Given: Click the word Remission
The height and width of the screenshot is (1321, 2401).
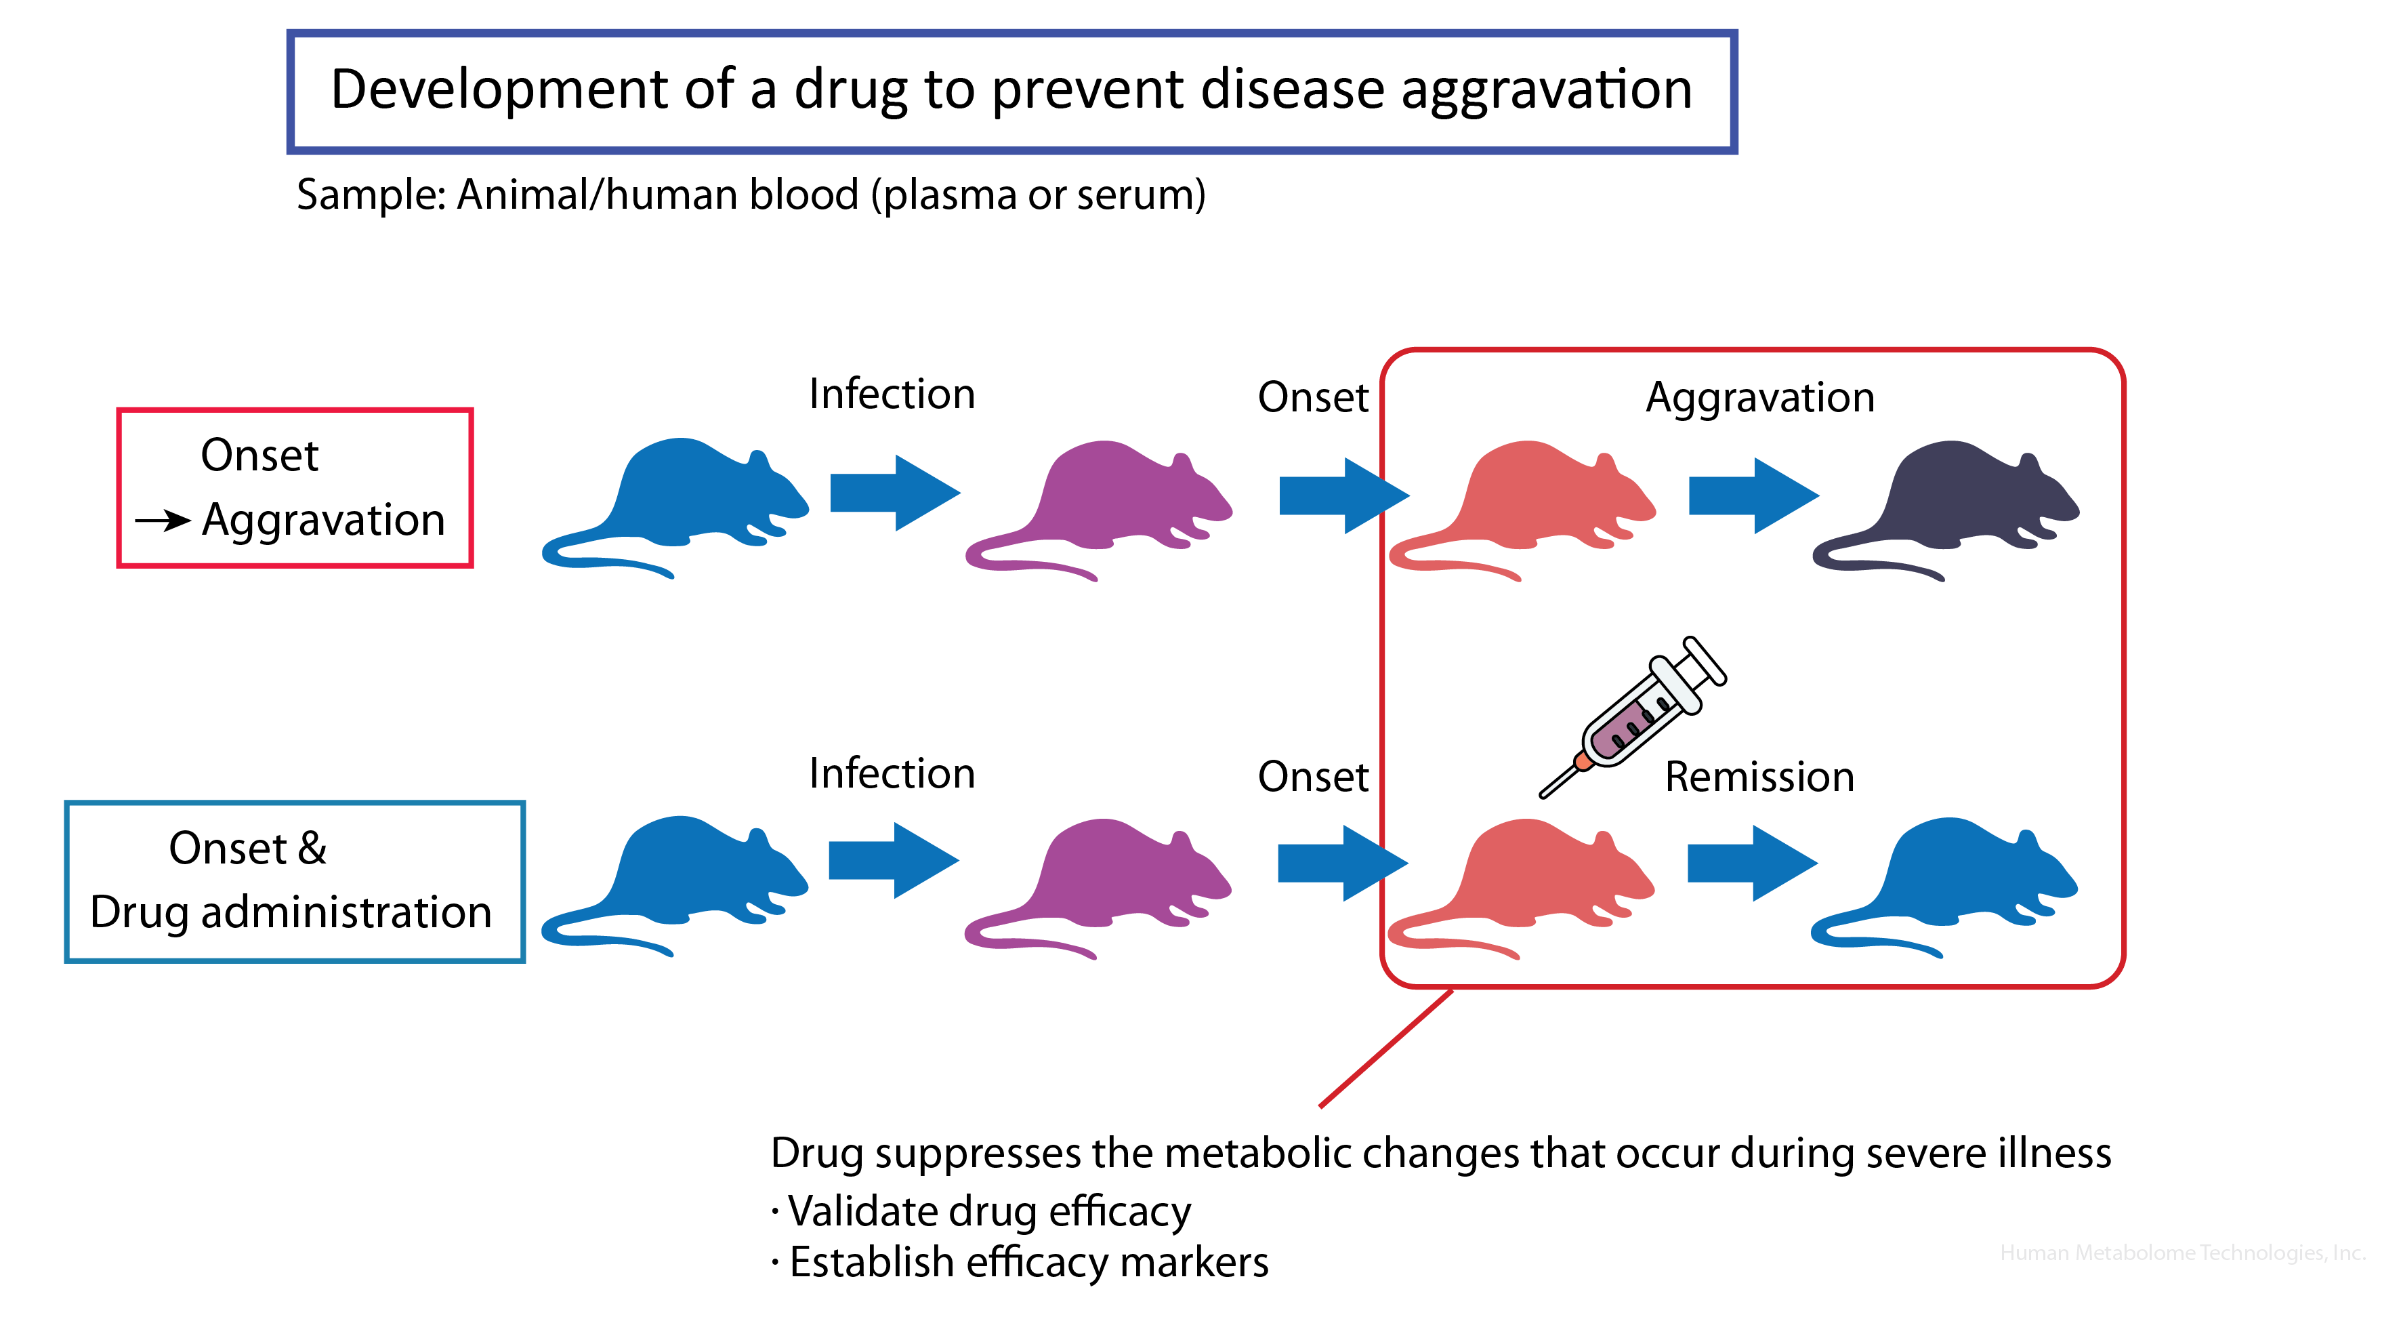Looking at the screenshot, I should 1759,777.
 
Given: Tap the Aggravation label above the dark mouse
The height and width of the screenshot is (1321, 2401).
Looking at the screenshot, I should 1759,398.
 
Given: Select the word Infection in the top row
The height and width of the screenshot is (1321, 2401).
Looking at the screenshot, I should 891,394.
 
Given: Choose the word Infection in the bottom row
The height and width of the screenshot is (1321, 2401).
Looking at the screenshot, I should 891,774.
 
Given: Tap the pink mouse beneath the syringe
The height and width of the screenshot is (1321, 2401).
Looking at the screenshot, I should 1528,881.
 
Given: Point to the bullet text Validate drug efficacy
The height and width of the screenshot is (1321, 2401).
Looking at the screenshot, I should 988,1212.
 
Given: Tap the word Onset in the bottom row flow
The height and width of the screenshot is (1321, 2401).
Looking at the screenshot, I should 1312,777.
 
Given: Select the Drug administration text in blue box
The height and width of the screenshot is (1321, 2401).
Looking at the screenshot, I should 291,912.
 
